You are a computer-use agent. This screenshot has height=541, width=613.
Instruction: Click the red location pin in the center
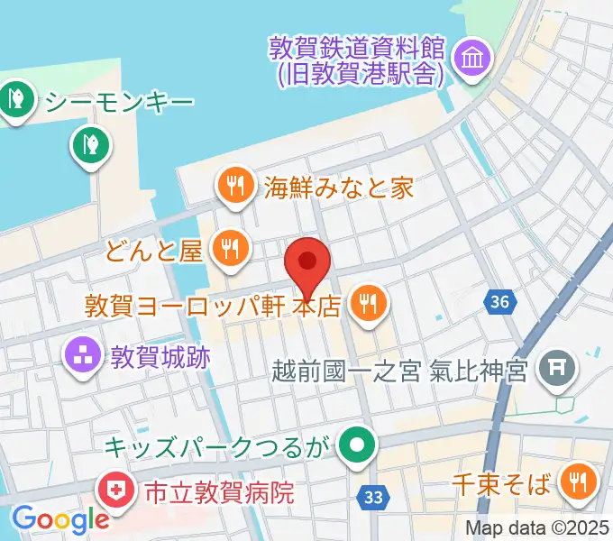tap(308, 265)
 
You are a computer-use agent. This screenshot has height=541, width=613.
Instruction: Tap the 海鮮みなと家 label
tap(338, 188)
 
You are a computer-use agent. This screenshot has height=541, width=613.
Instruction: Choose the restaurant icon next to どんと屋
tap(231, 247)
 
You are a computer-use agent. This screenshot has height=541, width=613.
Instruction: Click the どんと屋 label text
tap(153, 250)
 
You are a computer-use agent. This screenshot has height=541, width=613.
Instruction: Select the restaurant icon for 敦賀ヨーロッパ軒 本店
tap(368, 303)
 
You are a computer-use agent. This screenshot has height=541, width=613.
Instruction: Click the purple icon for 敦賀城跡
tap(86, 354)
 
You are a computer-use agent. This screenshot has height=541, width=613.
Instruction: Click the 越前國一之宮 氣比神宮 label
tap(399, 371)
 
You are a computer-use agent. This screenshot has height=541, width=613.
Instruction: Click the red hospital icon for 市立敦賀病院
tap(116, 492)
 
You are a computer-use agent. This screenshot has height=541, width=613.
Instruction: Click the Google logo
tap(60, 519)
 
